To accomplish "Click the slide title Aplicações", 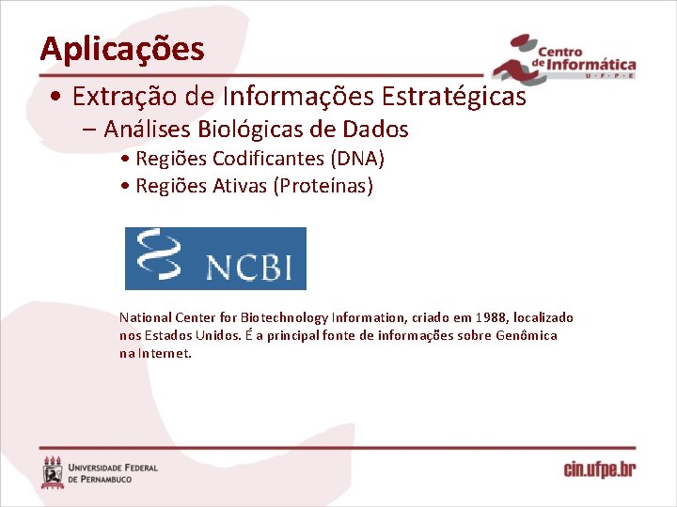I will click(122, 49).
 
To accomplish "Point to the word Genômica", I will click(527, 335).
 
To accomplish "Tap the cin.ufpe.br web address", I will click(600, 469).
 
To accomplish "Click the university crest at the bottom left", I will click(53, 471).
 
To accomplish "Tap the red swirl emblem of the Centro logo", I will click(512, 59).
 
